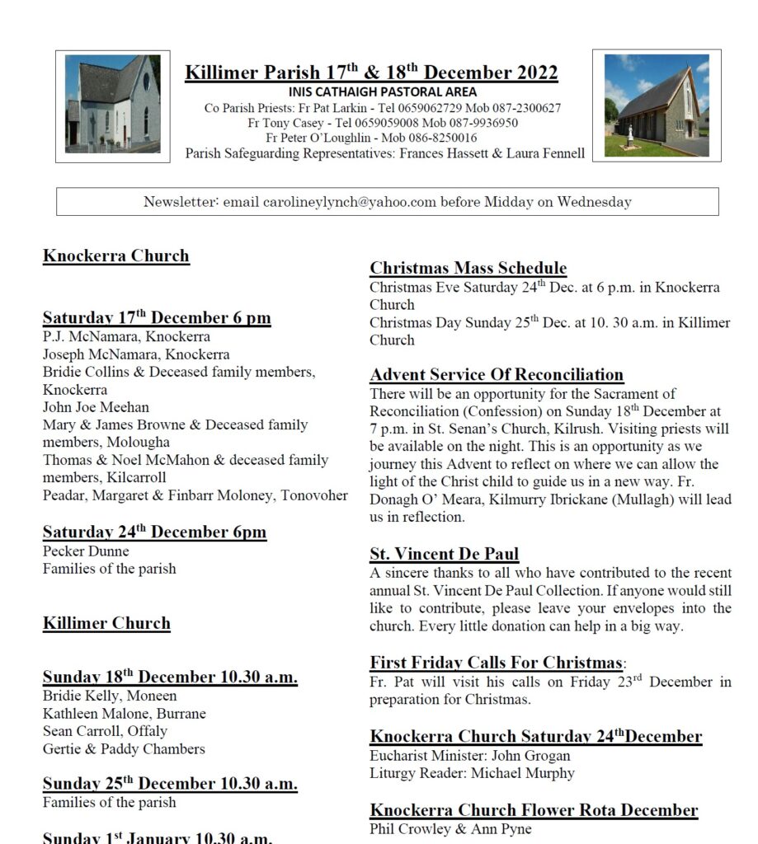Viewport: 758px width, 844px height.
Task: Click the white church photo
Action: [113, 105]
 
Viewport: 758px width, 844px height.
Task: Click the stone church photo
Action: [656, 105]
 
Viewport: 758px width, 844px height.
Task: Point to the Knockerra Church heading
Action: [116, 256]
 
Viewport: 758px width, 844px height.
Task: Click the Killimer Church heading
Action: [106, 623]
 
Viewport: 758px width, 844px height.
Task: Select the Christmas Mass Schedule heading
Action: [468, 268]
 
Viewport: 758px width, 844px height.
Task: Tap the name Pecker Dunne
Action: [86, 551]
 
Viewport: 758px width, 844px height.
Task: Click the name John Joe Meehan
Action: [96, 407]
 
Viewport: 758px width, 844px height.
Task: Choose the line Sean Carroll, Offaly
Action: [105, 731]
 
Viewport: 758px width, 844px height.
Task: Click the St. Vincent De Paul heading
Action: [444, 554]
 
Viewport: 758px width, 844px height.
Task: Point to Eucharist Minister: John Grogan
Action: [469, 756]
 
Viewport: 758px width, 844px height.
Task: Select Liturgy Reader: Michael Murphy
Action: [472, 773]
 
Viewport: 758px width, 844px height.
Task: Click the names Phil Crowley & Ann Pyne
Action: [450, 828]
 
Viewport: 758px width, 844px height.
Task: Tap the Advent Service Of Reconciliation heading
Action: [497, 375]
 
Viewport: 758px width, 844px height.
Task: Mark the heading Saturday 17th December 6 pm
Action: [157, 318]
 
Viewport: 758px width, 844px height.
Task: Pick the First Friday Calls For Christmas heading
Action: [495, 663]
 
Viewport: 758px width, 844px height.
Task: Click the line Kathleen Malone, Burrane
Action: [124, 714]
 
